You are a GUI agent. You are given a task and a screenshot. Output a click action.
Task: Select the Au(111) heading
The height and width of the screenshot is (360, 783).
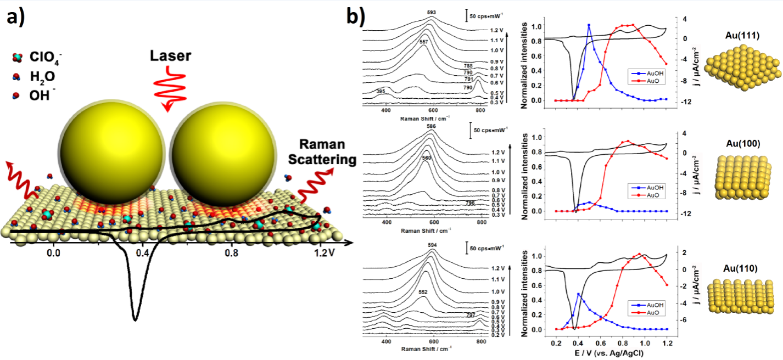pos(741,36)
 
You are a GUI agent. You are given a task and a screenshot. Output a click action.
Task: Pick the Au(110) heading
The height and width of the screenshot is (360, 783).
pos(741,268)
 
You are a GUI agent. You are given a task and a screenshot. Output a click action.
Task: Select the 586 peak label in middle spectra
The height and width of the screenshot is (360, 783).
pos(431,126)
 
